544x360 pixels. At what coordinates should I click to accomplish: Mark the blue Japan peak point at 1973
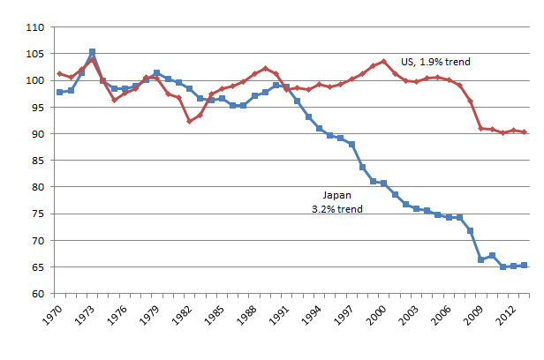pos(93,52)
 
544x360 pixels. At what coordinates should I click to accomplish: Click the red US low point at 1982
pos(189,121)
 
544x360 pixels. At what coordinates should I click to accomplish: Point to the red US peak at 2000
pos(383,62)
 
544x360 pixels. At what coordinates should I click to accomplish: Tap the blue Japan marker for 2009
pos(481,259)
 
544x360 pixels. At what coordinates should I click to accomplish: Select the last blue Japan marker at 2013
pos(525,265)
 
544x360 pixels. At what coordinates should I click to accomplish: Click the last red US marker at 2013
pos(525,132)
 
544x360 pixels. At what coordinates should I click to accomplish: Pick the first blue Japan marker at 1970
pos(60,92)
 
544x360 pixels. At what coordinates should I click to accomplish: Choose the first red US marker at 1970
pos(60,74)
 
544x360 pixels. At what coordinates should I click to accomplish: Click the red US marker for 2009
pos(481,128)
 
